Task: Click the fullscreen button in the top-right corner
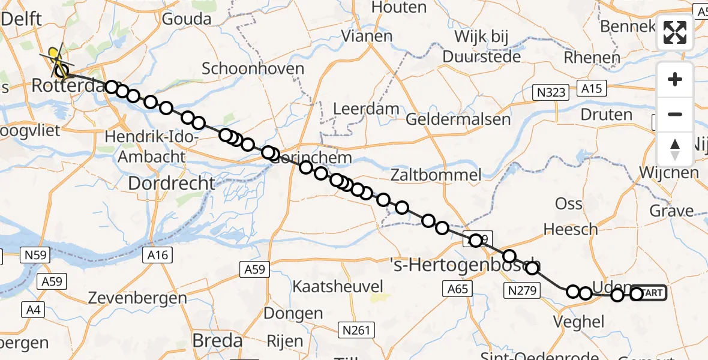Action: coord(675,32)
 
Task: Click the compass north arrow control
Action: coord(675,149)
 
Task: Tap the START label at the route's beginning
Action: coord(651,293)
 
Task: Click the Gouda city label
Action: coord(187,19)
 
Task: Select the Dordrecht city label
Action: coord(172,183)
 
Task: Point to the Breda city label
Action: coord(217,341)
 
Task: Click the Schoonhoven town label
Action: coord(253,68)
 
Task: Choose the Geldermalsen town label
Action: coord(458,119)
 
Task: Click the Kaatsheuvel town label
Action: coord(338,286)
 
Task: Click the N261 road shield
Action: coord(356,329)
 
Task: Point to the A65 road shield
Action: coord(457,289)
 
